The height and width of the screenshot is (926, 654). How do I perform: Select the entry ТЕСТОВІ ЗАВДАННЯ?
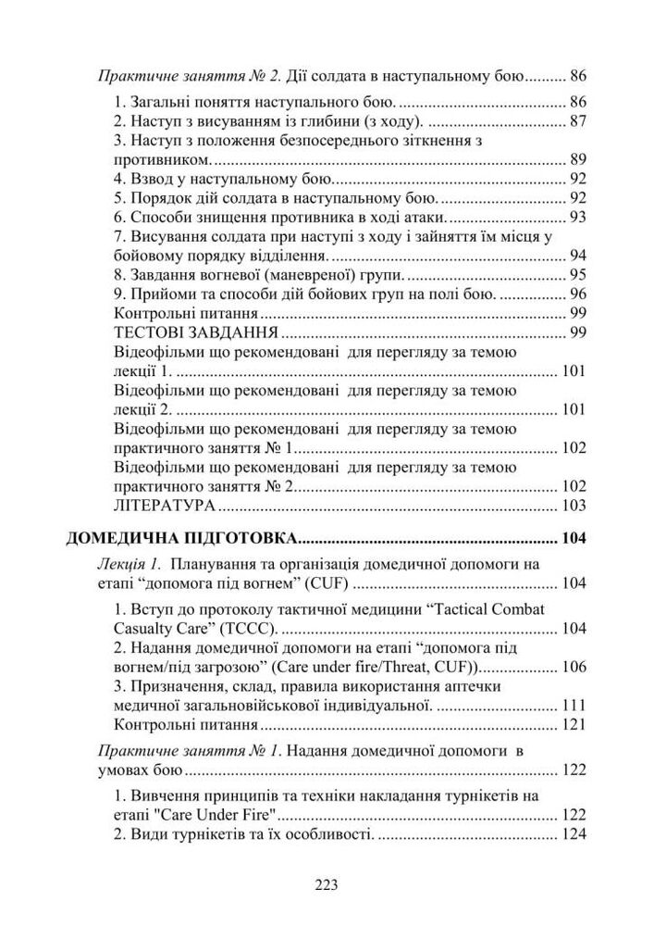[184, 332]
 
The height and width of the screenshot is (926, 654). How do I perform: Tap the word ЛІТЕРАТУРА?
[165, 506]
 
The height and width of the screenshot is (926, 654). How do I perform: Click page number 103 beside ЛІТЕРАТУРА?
[574, 506]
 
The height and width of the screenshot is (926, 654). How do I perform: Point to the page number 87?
[578, 120]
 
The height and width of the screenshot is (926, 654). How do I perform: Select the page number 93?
[578, 217]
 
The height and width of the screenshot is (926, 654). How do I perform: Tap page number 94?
[578, 256]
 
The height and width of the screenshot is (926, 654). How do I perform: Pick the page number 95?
[578, 275]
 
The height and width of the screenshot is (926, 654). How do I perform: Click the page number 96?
[578, 294]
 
